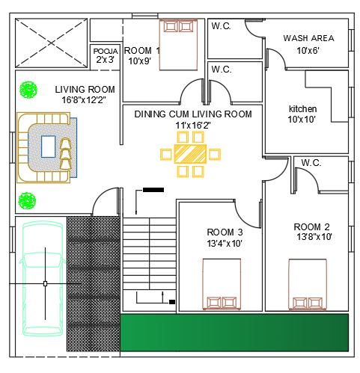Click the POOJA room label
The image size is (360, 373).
click(106, 52)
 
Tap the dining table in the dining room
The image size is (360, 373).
click(190, 154)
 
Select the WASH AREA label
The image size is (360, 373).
click(308, 38)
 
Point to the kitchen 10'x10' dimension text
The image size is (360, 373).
click(302, 120)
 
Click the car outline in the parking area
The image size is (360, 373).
click(43, 278)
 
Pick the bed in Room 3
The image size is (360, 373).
click(222, 284)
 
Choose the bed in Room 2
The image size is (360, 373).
click(308, 285)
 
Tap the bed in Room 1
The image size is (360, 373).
click(178, 45)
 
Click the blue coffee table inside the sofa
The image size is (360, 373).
click(49, 147)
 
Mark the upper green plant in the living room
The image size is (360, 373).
click(28, 90)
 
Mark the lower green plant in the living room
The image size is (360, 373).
click(27, 200)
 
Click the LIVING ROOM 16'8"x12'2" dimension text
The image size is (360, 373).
click(84, 100)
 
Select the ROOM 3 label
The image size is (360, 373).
click(225, 232)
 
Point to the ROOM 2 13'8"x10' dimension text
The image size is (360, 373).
click(314, 236)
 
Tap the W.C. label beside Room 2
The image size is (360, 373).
click(311, 163)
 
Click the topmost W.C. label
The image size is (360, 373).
click(221, 26)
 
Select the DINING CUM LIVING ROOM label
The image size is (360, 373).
click(193, 114)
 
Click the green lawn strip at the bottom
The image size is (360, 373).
click(234, 333)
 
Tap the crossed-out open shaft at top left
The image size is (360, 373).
click(51, 43)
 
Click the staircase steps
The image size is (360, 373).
click(149, 253)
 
